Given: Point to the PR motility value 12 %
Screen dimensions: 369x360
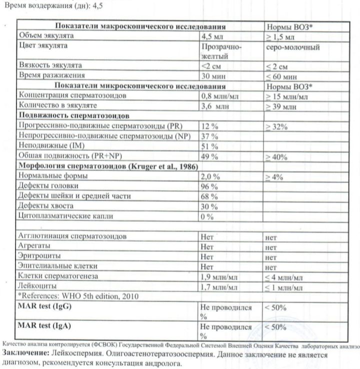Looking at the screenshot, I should pyautogui.click(x=209, y=126).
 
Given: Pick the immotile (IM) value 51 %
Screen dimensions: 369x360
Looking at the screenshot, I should pyautogui.click(x=209, y=146).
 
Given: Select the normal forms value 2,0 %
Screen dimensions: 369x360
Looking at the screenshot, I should pyautogui.click(x=210, y=176).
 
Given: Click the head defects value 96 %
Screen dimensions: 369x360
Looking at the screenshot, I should pyautogui.click(x=209, y=186).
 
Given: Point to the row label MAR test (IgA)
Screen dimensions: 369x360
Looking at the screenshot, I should pyautogui.click(x=44, y=325).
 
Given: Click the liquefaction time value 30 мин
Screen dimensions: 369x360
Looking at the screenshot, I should pyautogui.click(x=211, y=76).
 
